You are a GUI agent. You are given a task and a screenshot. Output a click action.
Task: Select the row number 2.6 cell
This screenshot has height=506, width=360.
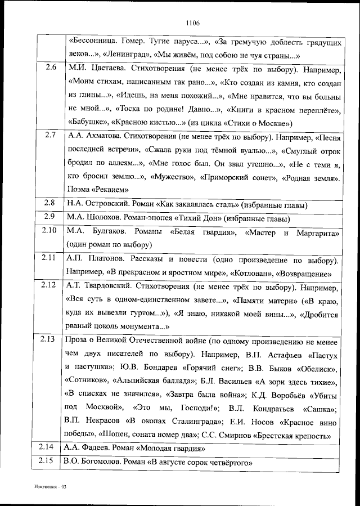50,68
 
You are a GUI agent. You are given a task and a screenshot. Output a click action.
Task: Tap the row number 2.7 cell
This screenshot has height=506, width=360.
50,136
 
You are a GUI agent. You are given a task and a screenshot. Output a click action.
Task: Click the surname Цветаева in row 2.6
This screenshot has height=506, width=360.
102,69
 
